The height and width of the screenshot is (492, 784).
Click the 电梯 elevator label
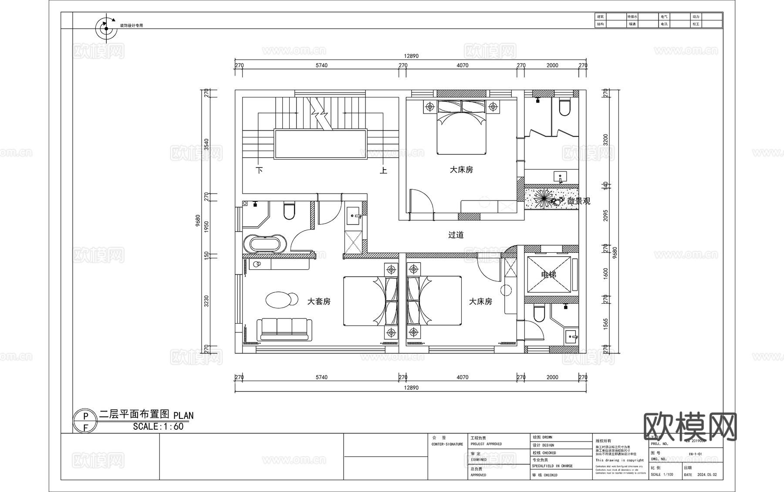point(548,275)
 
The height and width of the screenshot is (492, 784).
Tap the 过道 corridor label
point(456,235)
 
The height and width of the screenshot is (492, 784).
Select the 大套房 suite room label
point(319,301)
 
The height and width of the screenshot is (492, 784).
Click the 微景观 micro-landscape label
point(579,201)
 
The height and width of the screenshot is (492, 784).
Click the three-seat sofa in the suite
point(284,329)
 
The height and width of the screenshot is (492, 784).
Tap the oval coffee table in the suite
point(281,300)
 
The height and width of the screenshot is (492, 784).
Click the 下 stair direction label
point(260,170)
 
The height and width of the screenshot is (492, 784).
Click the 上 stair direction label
point(383,170)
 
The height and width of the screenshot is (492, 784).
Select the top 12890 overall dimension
point(411,56)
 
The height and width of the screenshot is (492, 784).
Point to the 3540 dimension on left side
point(207,144)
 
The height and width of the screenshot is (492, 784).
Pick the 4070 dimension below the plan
point(463,377)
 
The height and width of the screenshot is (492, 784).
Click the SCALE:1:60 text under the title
point(158,427)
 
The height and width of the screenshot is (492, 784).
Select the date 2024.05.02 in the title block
point(706,475)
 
